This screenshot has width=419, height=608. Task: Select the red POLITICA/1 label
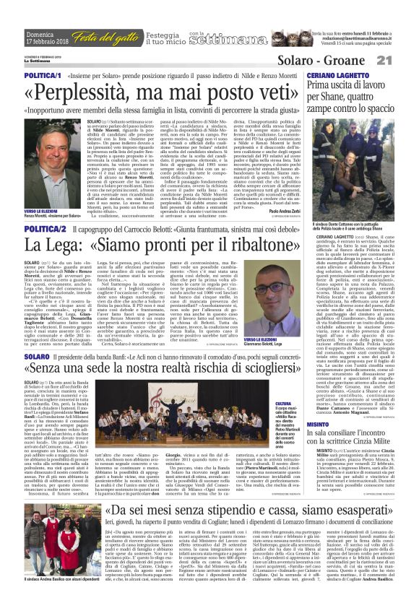click(41, 76)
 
